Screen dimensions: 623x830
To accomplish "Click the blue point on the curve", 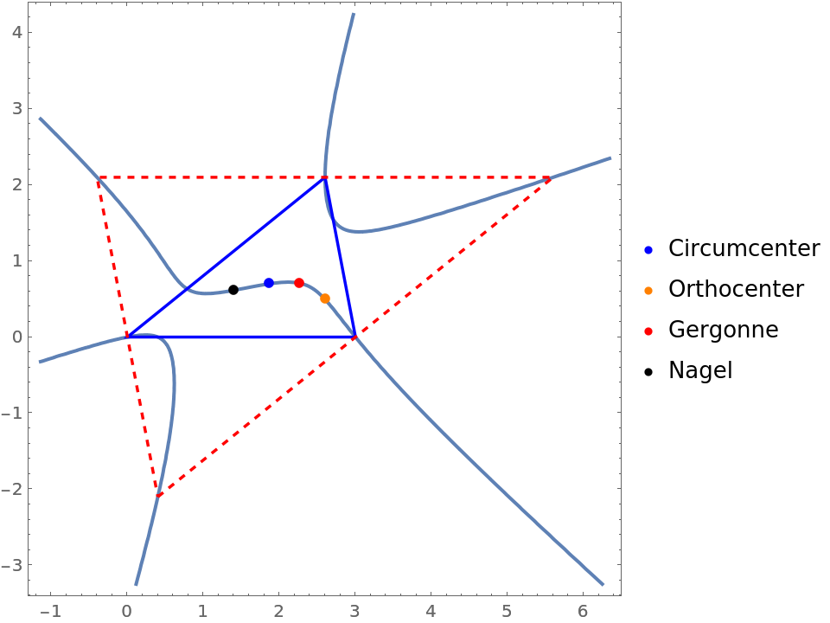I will tap(269, 283).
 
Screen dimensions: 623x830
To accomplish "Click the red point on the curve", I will tap(299, 283).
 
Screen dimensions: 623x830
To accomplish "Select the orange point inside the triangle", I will tap(325, 299).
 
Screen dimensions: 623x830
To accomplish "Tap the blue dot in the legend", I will tap(648, 250).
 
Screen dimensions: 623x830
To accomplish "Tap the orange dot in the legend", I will tap(648, 291).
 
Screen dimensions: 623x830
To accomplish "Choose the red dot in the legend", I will tap(648, 331).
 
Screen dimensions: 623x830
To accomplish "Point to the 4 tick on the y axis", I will tap(16, 33).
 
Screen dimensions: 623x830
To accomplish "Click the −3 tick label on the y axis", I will tap(12, 565).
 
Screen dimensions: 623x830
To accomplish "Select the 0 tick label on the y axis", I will tap(16, 337).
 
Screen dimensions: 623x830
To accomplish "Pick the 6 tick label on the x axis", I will tap(583, 611).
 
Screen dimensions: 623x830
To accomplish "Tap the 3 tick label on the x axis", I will tap(354, 611).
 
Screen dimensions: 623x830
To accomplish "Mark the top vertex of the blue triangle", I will tap(324, 177).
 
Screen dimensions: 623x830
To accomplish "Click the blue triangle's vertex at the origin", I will tap(127, 337).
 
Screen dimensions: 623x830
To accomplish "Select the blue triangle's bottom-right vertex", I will tap(354, 337).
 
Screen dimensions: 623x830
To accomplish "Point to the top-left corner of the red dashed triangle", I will tap(98, 177).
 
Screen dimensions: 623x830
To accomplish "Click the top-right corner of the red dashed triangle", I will tap(551, 177).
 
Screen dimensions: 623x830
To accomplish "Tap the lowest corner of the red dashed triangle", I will tap(158, 495).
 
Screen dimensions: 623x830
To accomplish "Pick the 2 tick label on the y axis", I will tap(16, 184).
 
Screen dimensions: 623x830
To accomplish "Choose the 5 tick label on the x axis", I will tap(507, 611).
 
